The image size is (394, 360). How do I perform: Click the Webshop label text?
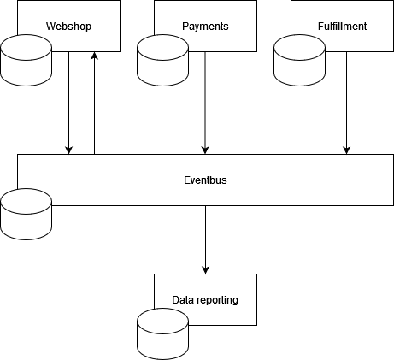tap(68, 27)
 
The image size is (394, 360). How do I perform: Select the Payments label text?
tap(205, 27)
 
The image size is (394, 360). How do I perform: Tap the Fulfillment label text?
tap(342, 27)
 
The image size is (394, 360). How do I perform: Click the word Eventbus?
tap(205, 180)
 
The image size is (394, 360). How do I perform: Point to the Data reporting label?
tap(205, 300)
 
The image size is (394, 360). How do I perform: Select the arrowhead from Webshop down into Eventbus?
tap(68, 149)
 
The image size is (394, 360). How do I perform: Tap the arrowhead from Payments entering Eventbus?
tap(205, 149)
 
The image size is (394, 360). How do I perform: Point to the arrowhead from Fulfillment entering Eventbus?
tap(346, 149)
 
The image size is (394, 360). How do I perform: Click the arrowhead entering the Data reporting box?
tap(205, 269)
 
